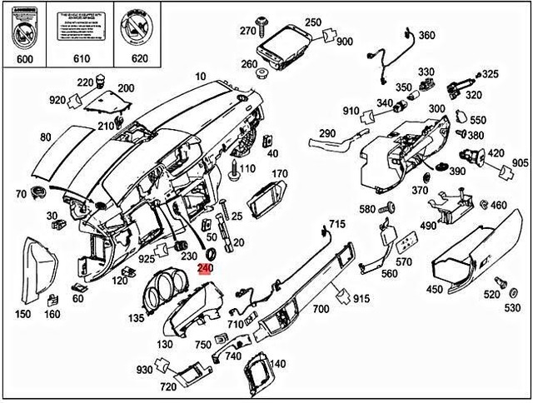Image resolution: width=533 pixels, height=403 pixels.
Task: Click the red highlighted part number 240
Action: point(205,268)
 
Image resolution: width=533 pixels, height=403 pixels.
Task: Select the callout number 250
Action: point(312,22)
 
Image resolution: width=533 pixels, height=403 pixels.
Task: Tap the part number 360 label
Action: point(426,35)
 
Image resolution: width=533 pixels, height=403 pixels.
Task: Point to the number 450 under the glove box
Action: point(434,290)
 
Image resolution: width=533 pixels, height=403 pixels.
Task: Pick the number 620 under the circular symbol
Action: point(139,59)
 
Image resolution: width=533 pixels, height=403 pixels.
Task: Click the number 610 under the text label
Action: point(81,59)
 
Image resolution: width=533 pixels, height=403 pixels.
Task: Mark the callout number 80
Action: point(45,137)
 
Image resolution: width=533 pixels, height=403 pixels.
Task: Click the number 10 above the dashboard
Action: point(200,77)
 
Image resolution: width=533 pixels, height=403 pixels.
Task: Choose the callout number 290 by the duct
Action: point(327,133)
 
